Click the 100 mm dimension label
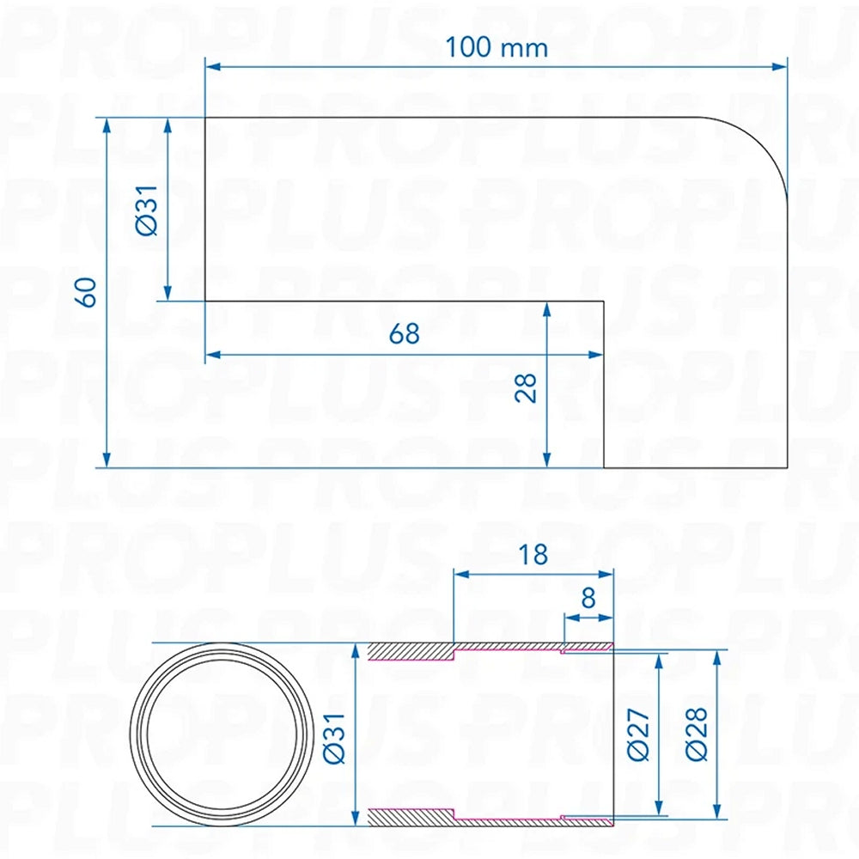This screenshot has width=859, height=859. pyautogui.click(x=496, y=47)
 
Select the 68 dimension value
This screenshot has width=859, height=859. pyautogui.click(x=405, y=333)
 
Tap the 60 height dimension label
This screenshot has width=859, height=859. pyautogui.click(x=85, y=292)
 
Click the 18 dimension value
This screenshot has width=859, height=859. pyautogui.click(x=533, y=554)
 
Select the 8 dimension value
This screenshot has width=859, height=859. pyautogui.click(x=588, y=598)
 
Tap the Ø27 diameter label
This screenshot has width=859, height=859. pyautogui.click(x=637, y=735)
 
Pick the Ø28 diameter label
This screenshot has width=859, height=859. pyautogui.click(x=697, y=734)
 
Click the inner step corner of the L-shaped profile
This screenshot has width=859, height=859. pyautogui.click(x=604, y=301)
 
